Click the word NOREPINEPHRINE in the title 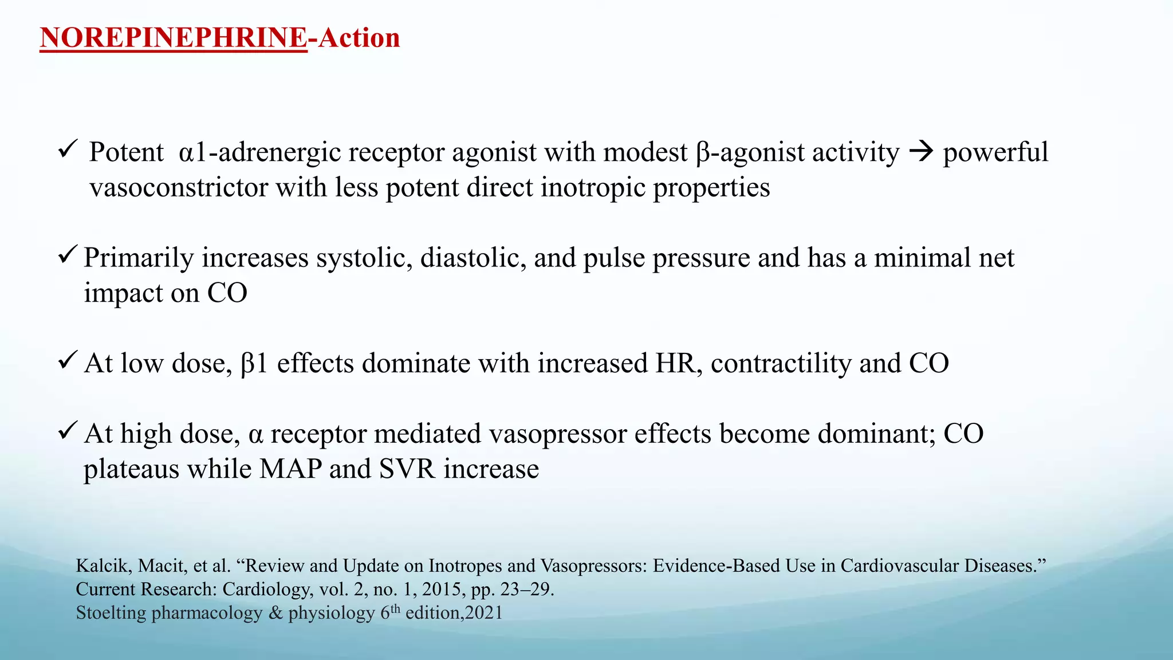pyautogui.click(x=173, y=38)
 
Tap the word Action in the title pyautogui.click(x=359, y=38)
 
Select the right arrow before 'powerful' pyautogui.click(x=921, y=152)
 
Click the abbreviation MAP pyautogui.click(x=290, y=469)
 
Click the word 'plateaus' pyautogui.click(x=131, y=469)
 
